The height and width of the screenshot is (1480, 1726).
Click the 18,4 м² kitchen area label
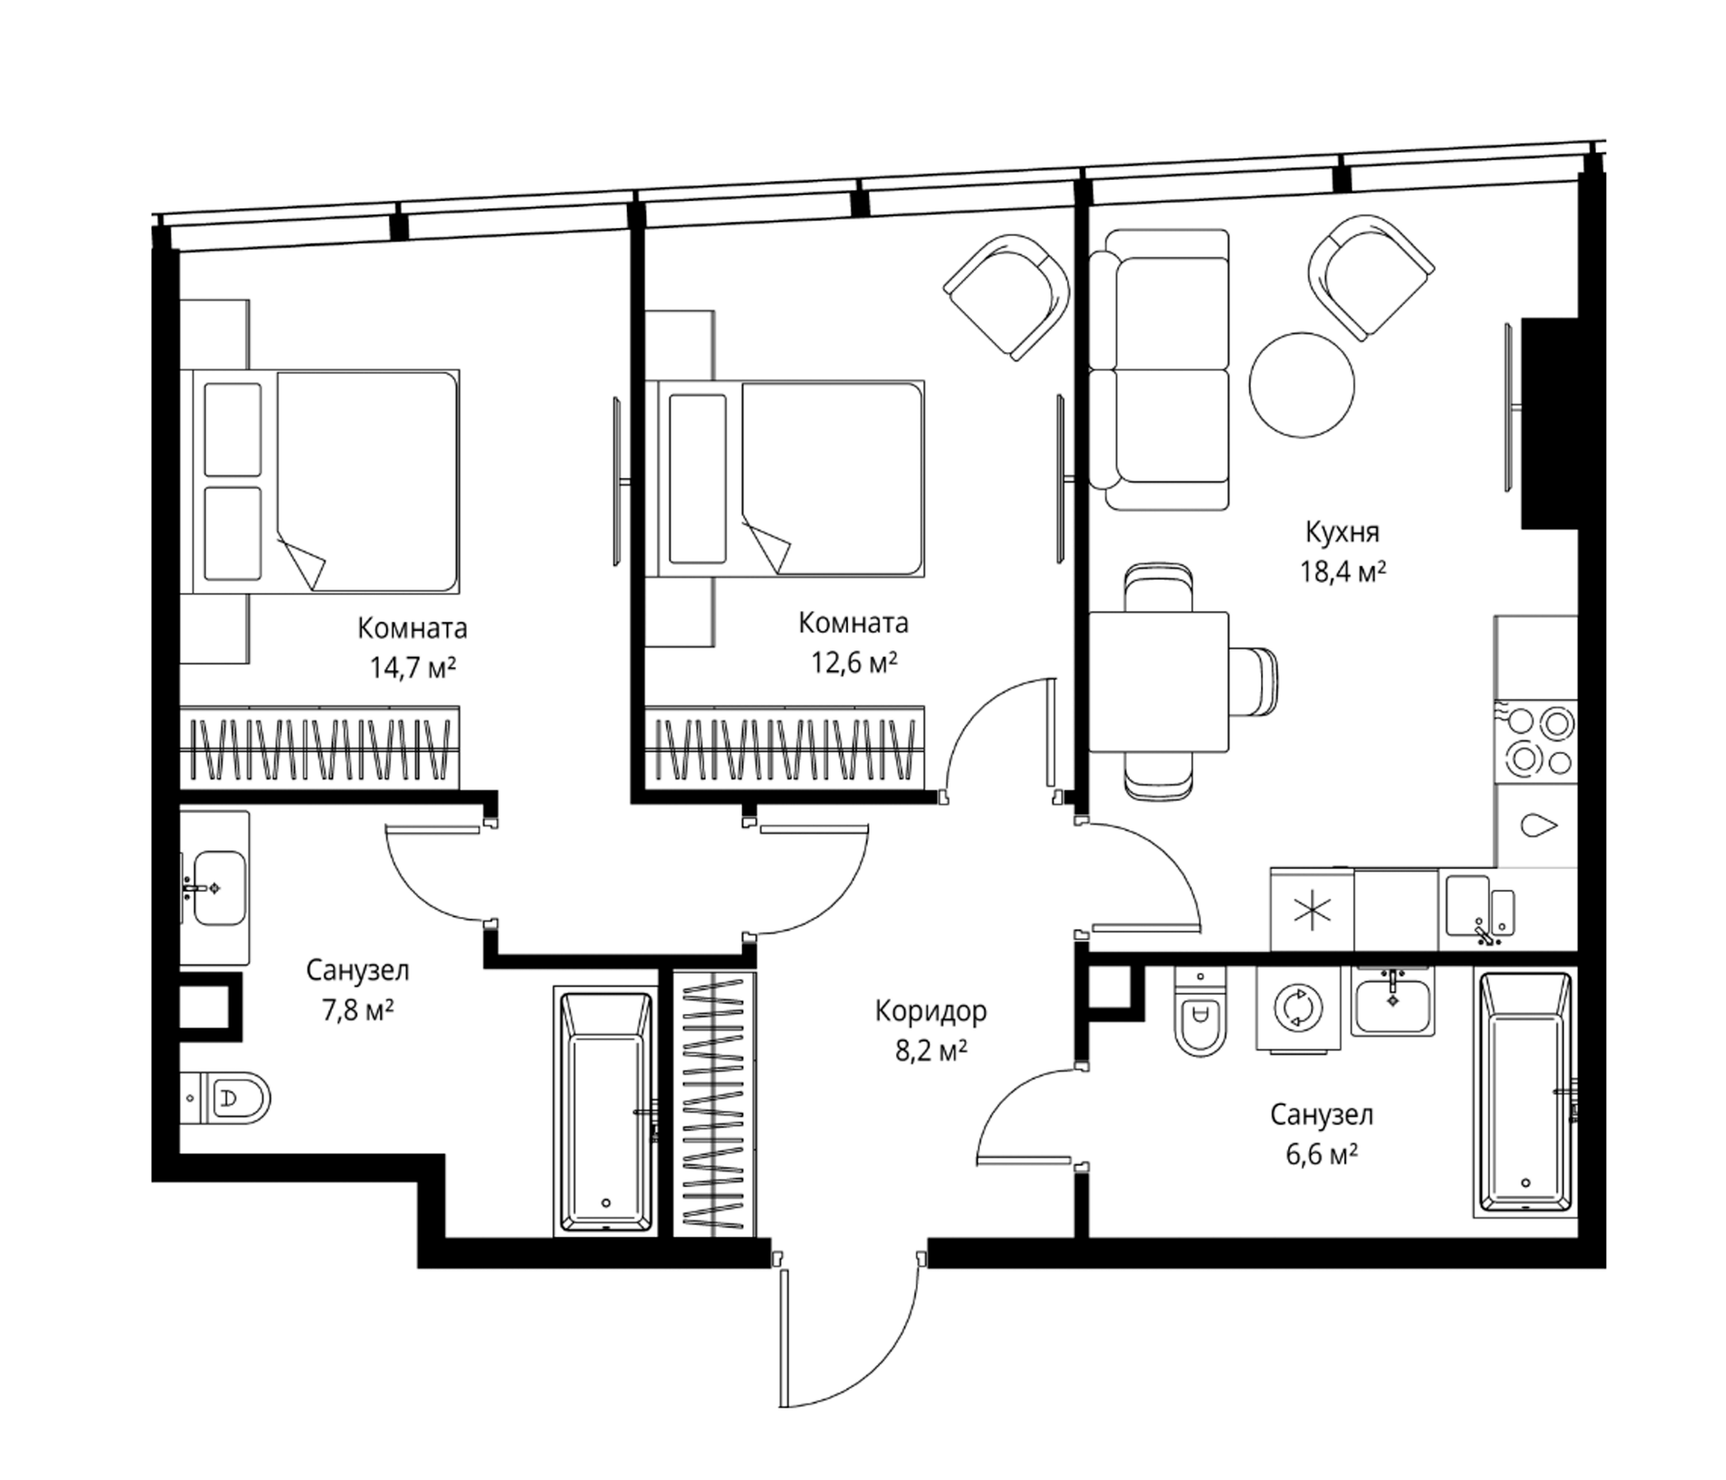(x=1343, y=571)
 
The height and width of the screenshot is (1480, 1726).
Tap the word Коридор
(x=930, y=1011)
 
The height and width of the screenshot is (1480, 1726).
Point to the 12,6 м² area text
(x=854, y=663)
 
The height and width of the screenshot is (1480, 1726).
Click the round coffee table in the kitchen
(x=1301, y=384)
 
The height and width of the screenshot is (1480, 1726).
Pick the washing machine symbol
(x=1298, y=1010)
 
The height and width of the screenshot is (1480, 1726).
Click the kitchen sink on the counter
(x=1481, y=909)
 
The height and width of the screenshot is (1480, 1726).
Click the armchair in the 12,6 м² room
(x=1006, y=296)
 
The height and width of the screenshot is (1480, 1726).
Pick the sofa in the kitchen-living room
(x=1159, y=369)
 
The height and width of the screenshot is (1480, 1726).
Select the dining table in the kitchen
(x=1159, y=682)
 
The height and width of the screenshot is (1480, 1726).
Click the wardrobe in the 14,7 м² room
(x=320, y=747)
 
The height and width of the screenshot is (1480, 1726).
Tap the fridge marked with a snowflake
(x=1312, y=909)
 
